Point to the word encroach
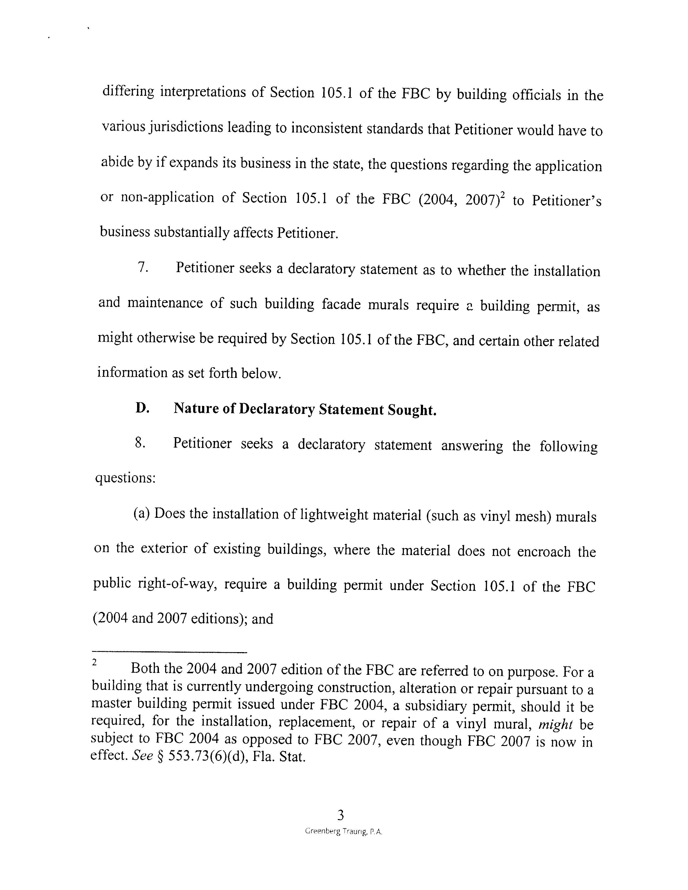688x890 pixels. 544,551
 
